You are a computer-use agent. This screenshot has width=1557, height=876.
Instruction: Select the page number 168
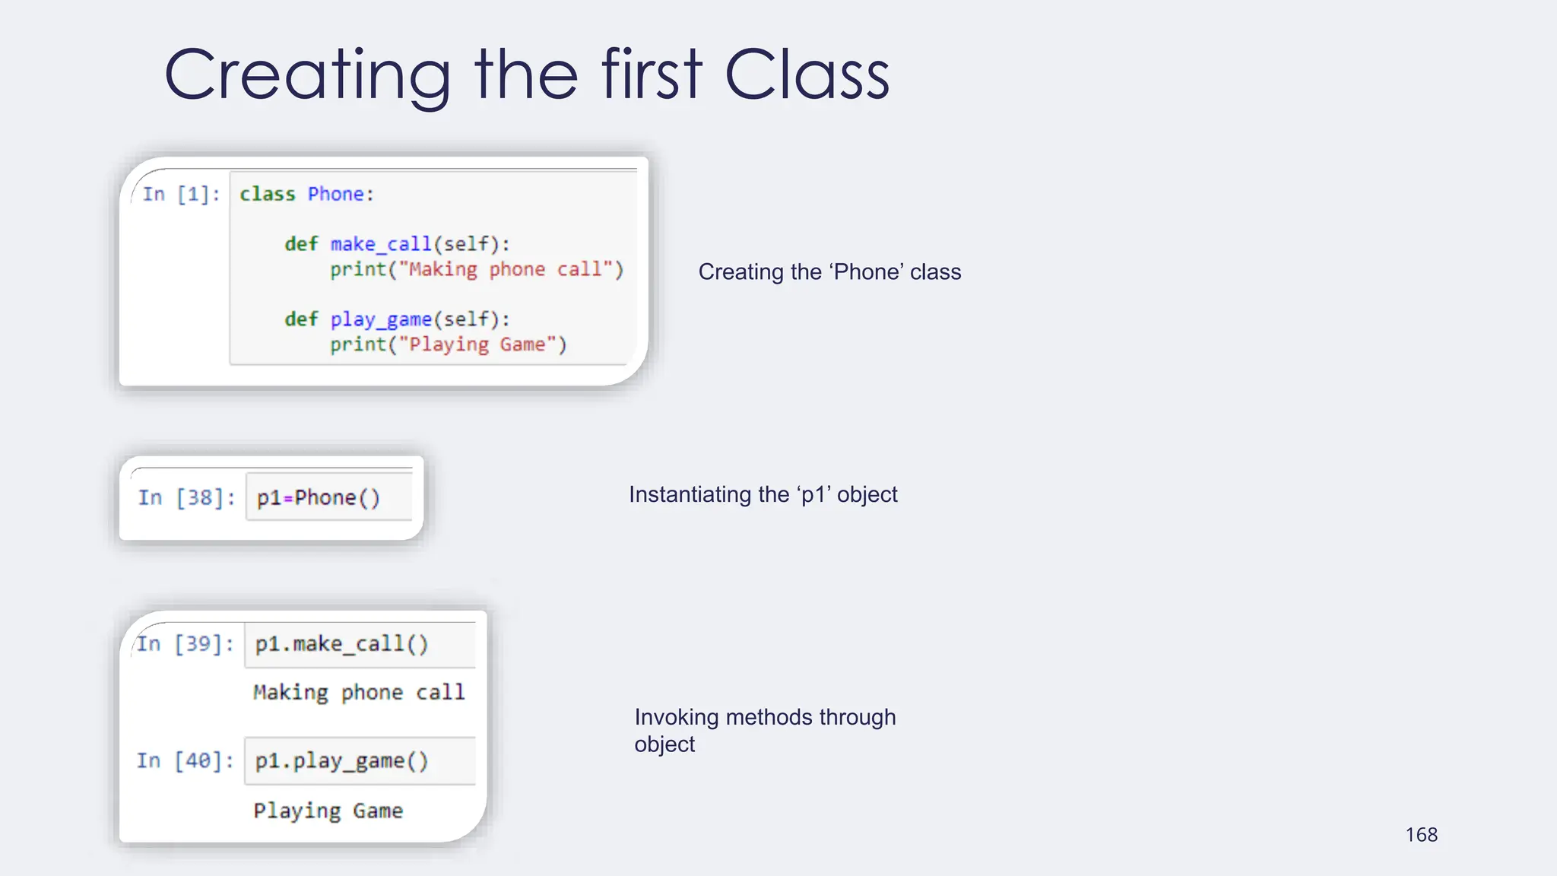click(1421, 834)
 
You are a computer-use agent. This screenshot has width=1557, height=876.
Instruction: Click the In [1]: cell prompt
click(181, 195)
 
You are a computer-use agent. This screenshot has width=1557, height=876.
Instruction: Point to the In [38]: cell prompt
click(186, 498)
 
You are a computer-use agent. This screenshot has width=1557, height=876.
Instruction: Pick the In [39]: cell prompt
click(185, 644)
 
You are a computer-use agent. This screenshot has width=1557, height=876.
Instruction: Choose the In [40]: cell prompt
click(185, 760)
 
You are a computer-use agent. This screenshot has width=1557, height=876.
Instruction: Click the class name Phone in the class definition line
click(335, 195)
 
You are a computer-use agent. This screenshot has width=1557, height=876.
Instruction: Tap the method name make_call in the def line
click(381, 244)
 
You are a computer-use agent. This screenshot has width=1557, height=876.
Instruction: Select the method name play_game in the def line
click(381, 319)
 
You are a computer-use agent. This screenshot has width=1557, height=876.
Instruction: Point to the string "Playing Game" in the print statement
click(477, 345)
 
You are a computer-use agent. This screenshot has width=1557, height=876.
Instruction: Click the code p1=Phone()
click(318, 498)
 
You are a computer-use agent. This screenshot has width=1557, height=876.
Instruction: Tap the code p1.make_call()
click(341, 644)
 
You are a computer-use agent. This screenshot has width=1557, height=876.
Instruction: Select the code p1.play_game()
click(341, 760)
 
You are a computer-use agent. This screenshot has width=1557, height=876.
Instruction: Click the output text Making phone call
click(358, 692)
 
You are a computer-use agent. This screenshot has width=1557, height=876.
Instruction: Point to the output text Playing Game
click(328, 811)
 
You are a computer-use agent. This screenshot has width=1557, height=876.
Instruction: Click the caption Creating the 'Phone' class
click(829, 271)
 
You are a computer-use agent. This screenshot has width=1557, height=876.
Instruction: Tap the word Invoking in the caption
click(677, 717)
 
